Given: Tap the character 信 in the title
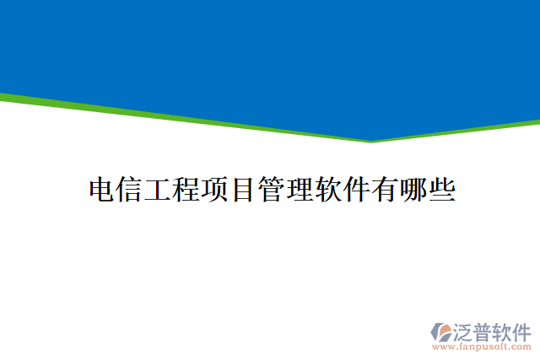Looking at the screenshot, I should coord(130,190).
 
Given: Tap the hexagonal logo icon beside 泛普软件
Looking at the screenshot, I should coord(441,331).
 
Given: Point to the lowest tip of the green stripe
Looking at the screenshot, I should coord(370,141).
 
